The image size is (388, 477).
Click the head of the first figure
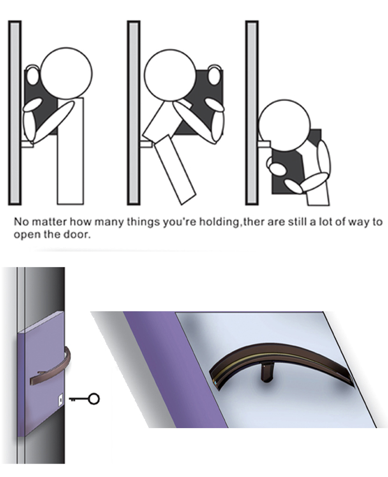point(66,73)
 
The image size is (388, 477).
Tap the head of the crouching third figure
point(284,124)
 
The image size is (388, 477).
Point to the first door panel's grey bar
point(15,113)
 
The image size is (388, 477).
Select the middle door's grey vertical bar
point(133,113)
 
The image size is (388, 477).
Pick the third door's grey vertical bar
point(252,113)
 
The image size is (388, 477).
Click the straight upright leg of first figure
point(70,151)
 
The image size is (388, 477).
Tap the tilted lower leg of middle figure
point(176,170)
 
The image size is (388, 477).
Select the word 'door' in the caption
point(81,235)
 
